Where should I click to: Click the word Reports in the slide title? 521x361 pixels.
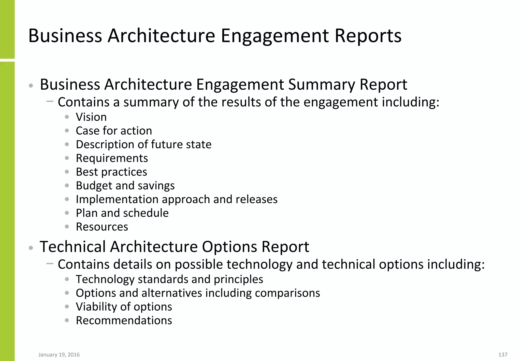368,36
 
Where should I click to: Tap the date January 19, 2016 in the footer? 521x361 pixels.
59,355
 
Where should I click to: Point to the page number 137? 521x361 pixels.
503,355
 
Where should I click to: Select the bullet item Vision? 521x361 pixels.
91,117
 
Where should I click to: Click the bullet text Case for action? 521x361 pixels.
114,131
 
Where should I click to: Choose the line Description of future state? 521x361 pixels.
143,145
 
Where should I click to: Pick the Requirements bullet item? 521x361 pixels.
112,158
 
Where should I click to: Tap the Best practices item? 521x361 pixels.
111,172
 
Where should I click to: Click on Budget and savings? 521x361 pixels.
125,186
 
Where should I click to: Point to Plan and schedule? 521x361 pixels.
122,213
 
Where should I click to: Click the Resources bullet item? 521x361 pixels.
102,227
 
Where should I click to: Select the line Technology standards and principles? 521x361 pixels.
169,279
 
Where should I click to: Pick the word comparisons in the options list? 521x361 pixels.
287,293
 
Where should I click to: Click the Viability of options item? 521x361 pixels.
124,307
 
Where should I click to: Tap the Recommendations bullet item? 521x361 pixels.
124,321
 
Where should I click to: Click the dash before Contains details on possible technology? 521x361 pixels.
50,263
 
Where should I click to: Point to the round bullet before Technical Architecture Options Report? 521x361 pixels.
31,248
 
